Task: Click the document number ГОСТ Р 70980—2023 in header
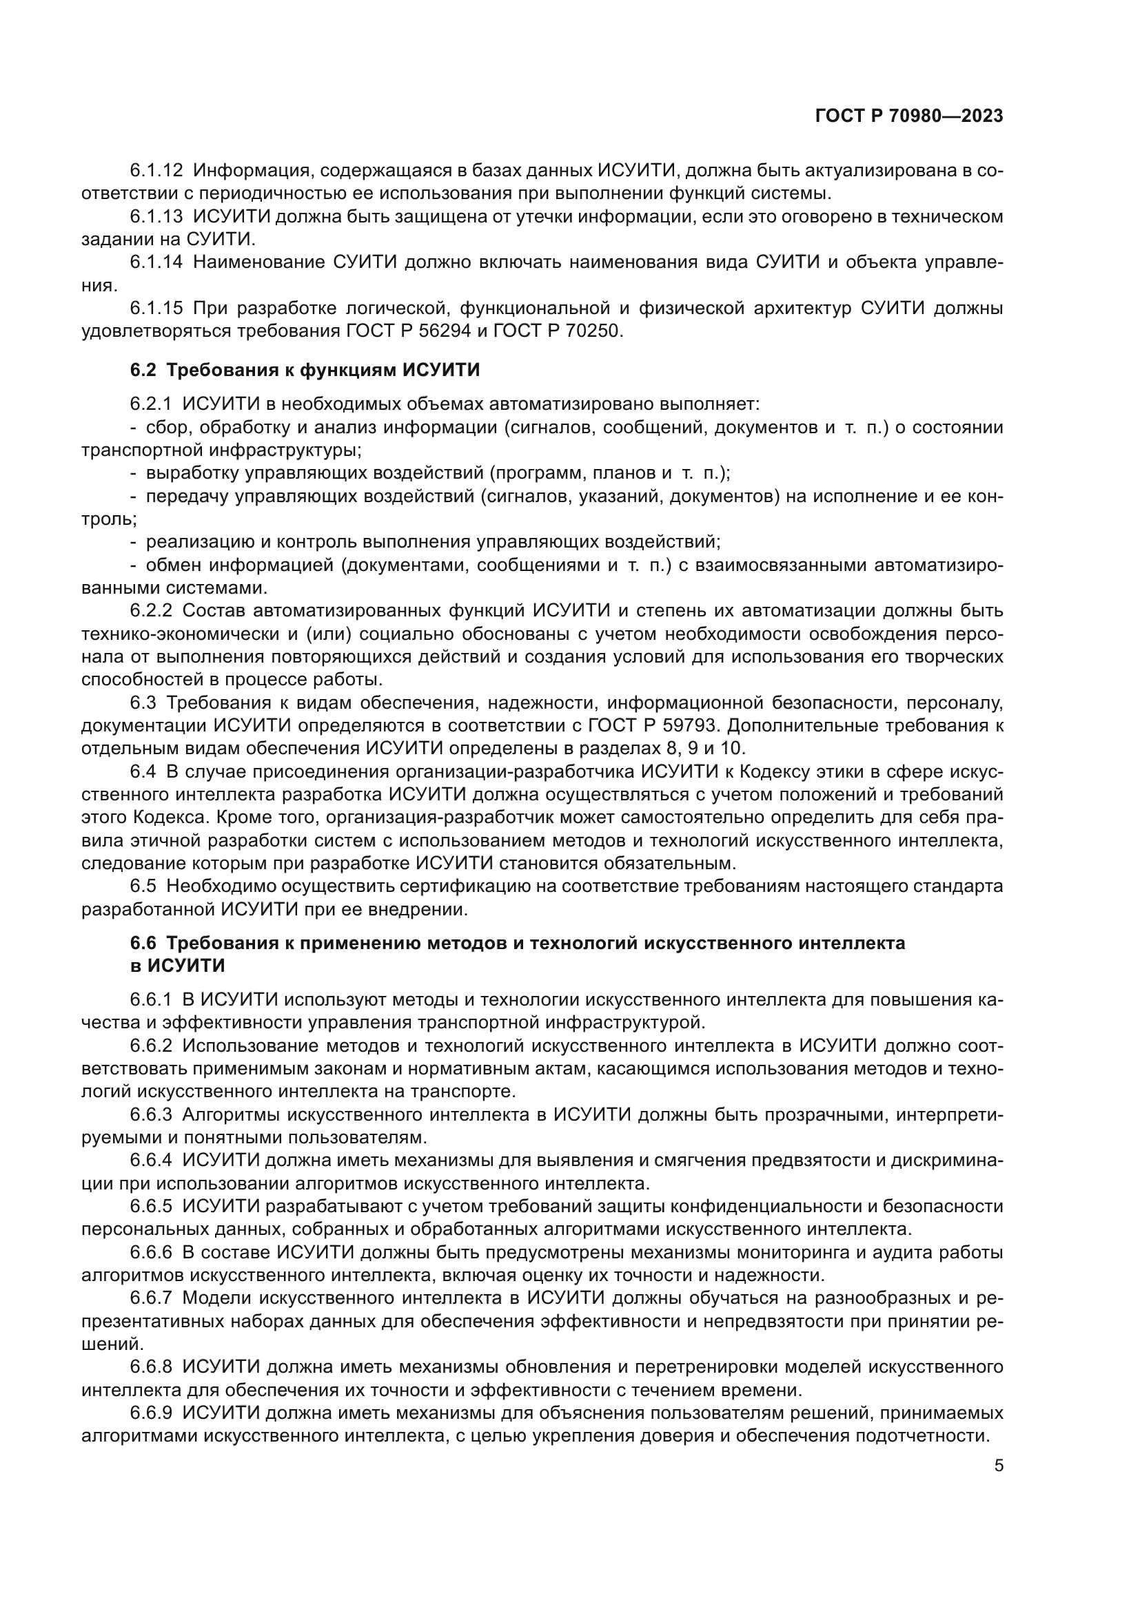909,116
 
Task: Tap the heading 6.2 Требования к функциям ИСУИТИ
305,370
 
